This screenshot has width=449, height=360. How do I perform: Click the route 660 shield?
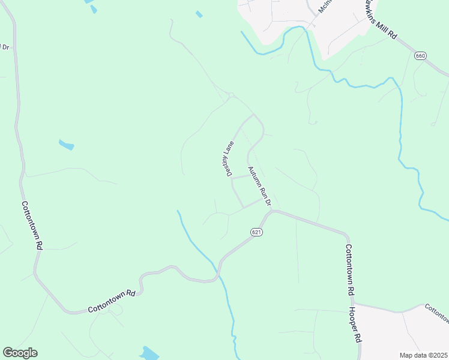[420, 56]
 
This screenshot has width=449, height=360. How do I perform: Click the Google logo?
[20, 353]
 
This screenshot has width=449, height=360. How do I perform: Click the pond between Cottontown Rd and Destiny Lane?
[66, 145]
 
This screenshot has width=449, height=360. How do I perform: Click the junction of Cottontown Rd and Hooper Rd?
[351, 303]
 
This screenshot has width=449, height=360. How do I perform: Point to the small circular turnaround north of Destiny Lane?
[231, 94]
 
